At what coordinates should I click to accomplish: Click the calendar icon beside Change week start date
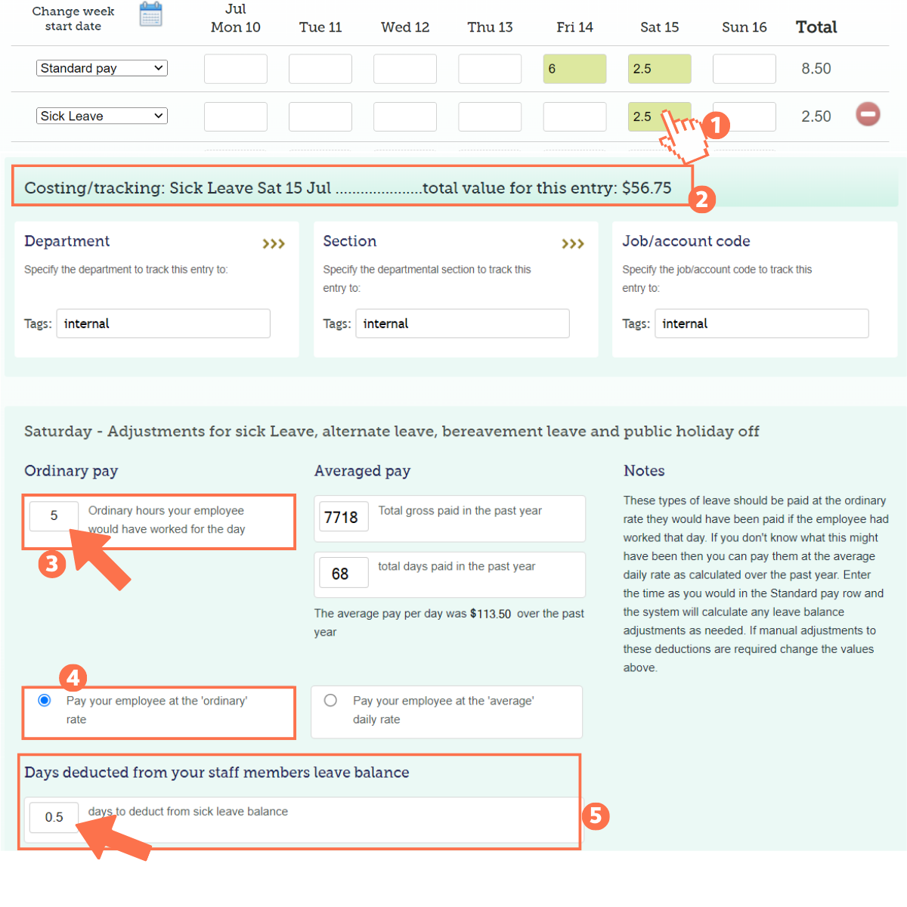(x=151, y=14)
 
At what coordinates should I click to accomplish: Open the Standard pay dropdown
(x=102, y=68)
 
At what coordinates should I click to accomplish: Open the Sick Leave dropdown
(x=102, y=116)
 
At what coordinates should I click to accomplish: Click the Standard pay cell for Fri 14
(x=574, y=69)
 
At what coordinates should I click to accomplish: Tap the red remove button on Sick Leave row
(x=868, y=114)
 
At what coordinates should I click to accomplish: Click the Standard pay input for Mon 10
(x=236, y=69)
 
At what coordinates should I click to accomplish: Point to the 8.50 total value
(x=816, y=69)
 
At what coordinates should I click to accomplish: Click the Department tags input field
(x=163, y=323)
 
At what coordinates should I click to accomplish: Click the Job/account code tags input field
(x=761, y=323)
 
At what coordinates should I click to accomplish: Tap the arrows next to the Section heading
(x=573, y=243)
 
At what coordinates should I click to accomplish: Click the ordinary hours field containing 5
(x=54, y=516)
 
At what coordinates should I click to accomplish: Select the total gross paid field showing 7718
(x=343, y=517)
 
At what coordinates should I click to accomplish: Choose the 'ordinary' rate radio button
(x=45, y=700)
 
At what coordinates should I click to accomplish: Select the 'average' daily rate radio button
(x=330, y=700)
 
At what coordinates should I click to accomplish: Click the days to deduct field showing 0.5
(x=54, y=817)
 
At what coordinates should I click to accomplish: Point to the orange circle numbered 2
(x=701, y=199)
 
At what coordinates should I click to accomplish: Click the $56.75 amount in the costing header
(x=646, y=188)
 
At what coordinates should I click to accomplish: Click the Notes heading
(x=644, y=471)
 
